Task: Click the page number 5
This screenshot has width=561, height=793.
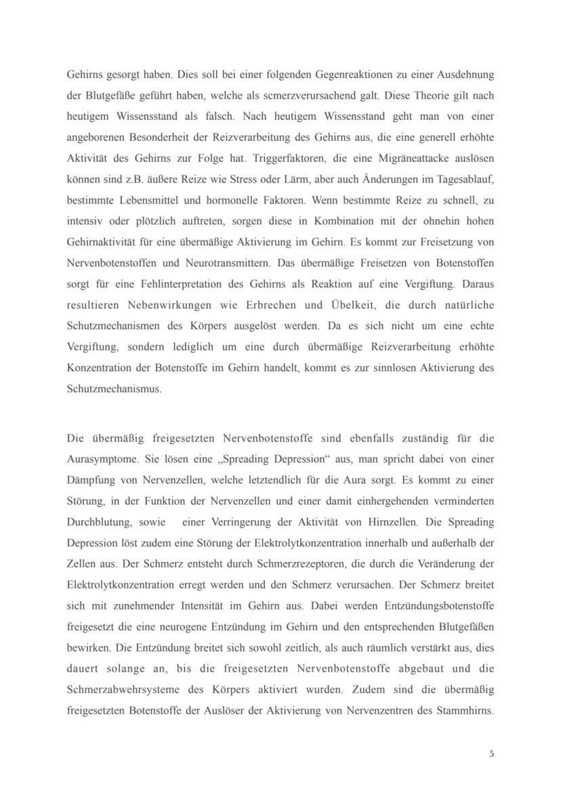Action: (491, 754)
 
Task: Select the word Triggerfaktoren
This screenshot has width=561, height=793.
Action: (297, 158)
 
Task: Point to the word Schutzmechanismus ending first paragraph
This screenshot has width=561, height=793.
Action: (114, 389)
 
